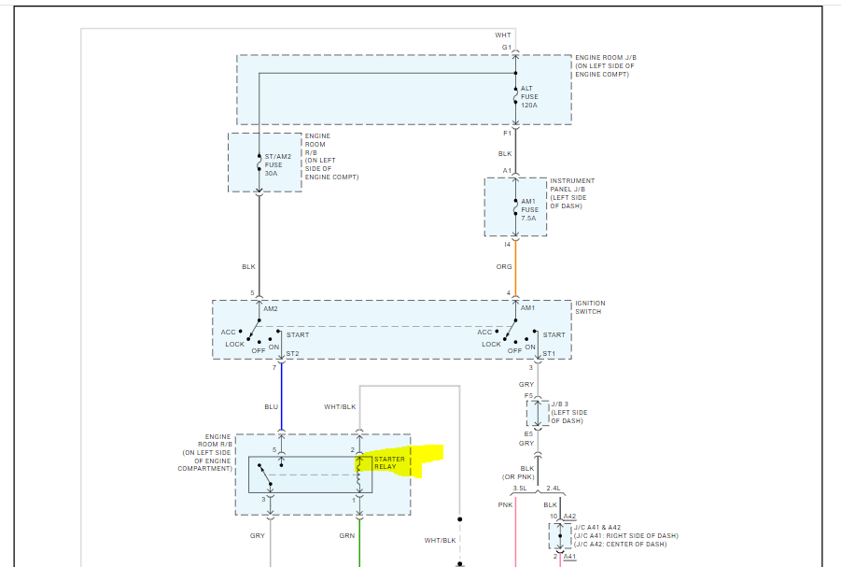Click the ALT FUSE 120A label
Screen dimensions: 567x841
529,96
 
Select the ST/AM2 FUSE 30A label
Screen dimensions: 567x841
278,165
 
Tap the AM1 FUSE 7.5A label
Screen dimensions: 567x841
528,209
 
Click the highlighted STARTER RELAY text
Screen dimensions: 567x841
390,462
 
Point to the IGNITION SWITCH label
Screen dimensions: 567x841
589,307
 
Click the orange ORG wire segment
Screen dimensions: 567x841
515,271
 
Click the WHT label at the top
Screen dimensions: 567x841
503,35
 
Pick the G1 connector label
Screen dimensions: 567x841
506,47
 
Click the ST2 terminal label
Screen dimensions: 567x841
292,354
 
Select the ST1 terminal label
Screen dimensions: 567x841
549,354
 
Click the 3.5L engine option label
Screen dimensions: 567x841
520,489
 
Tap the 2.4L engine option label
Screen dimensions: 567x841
553,489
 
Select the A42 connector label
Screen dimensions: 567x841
569,517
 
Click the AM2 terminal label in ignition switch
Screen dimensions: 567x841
271,307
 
